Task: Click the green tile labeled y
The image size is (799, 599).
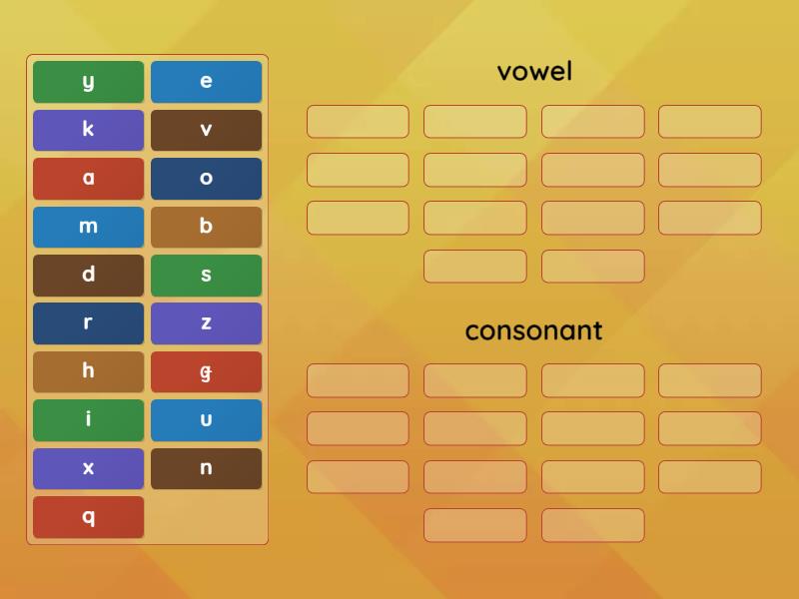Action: tap(88, 82)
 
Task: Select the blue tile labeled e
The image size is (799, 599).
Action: tap(206, 82)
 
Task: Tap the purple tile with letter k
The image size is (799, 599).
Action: tap(88, 130)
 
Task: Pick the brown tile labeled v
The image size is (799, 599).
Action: tap(206, 130)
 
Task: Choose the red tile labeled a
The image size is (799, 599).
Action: tap(88, 179)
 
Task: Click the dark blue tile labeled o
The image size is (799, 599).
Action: tap(206, 179)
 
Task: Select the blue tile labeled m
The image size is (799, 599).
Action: tap(88, 227)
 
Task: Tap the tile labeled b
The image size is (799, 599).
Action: tap(206, 227)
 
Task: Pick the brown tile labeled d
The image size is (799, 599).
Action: tap(88, 276)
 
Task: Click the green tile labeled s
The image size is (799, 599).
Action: tap(206, 276)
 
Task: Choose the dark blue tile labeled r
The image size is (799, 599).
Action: tap(88, 323)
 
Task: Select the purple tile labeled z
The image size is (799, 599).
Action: tap(206, 323)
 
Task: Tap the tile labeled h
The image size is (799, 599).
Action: tap(88, 371)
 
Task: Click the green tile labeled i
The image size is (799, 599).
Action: tap(88, 420)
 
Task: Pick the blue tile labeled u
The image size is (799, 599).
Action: tap(206, 420)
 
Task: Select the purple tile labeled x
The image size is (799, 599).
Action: tap(88, 468)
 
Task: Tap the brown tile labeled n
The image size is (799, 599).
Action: tap(206, 468)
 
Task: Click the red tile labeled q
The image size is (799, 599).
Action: tap(88, 517)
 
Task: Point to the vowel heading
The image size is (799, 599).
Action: tap(534, 72)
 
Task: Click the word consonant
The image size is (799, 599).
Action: tap(533, 330)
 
